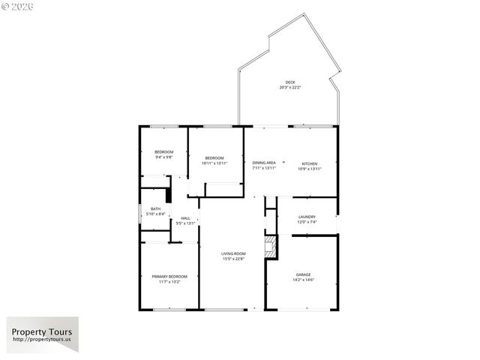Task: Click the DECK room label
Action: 289,82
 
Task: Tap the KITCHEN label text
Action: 310,163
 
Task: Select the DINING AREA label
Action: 264,163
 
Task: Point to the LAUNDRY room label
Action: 307,217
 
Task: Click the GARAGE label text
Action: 303,274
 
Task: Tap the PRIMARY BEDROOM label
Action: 169,277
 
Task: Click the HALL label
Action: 185,218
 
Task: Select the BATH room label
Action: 155,209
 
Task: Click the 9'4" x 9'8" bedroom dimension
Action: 164,157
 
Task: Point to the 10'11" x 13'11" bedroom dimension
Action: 214,163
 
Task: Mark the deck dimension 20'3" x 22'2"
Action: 290,88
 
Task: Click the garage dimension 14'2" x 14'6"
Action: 303,280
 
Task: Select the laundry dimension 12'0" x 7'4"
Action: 307,222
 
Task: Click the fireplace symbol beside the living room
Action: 270,246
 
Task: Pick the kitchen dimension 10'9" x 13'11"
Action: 310,169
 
